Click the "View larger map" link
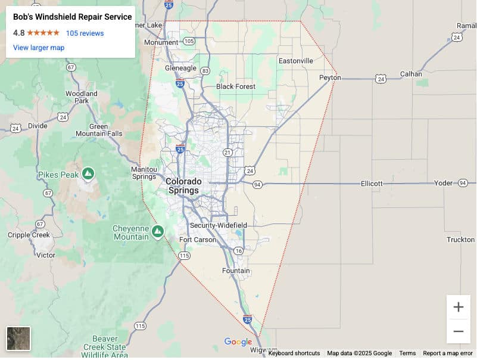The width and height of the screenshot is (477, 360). (x=39, y=48)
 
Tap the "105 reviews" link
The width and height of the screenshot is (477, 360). (x=85, y=33)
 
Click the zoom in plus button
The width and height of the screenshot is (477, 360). (x=458, y=308)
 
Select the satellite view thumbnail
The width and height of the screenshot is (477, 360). (x=18, y=339)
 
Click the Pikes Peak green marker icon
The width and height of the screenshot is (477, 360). (x=88, y=173)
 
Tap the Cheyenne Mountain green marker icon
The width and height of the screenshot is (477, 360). (x=158, y=231)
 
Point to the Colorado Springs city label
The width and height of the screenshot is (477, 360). (x=183, y=185)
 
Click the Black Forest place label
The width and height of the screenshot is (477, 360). (x=236, y=86)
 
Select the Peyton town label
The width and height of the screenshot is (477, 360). (x=329, y=77)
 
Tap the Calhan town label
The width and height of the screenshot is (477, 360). (x=410, y=74)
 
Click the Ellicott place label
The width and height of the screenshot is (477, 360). (x=372, y=184)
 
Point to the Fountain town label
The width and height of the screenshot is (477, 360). (x=236, y=271)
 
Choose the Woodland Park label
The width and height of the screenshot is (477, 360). (x=82, y=97)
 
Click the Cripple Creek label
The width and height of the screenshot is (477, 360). (x=28, y=235)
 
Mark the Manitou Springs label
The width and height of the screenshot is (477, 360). (x=144, y=173)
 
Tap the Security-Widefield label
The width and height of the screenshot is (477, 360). (x=218, y=225)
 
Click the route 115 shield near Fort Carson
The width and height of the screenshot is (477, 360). (x=184, y=255)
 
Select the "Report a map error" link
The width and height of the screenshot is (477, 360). (x=448, y=353)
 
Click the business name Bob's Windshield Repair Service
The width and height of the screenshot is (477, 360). (x=73, y=17)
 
